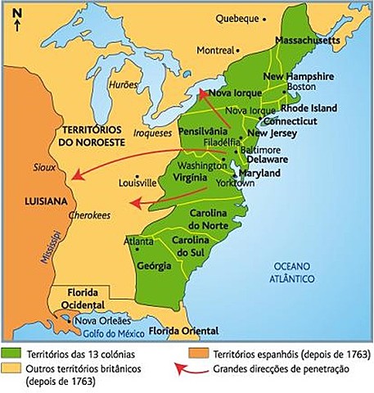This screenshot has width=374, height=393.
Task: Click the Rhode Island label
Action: (x=309, y=108)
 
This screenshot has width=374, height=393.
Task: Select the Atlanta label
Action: (x=138, y=242)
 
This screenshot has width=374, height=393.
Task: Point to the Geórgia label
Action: (x=155, y=266)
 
